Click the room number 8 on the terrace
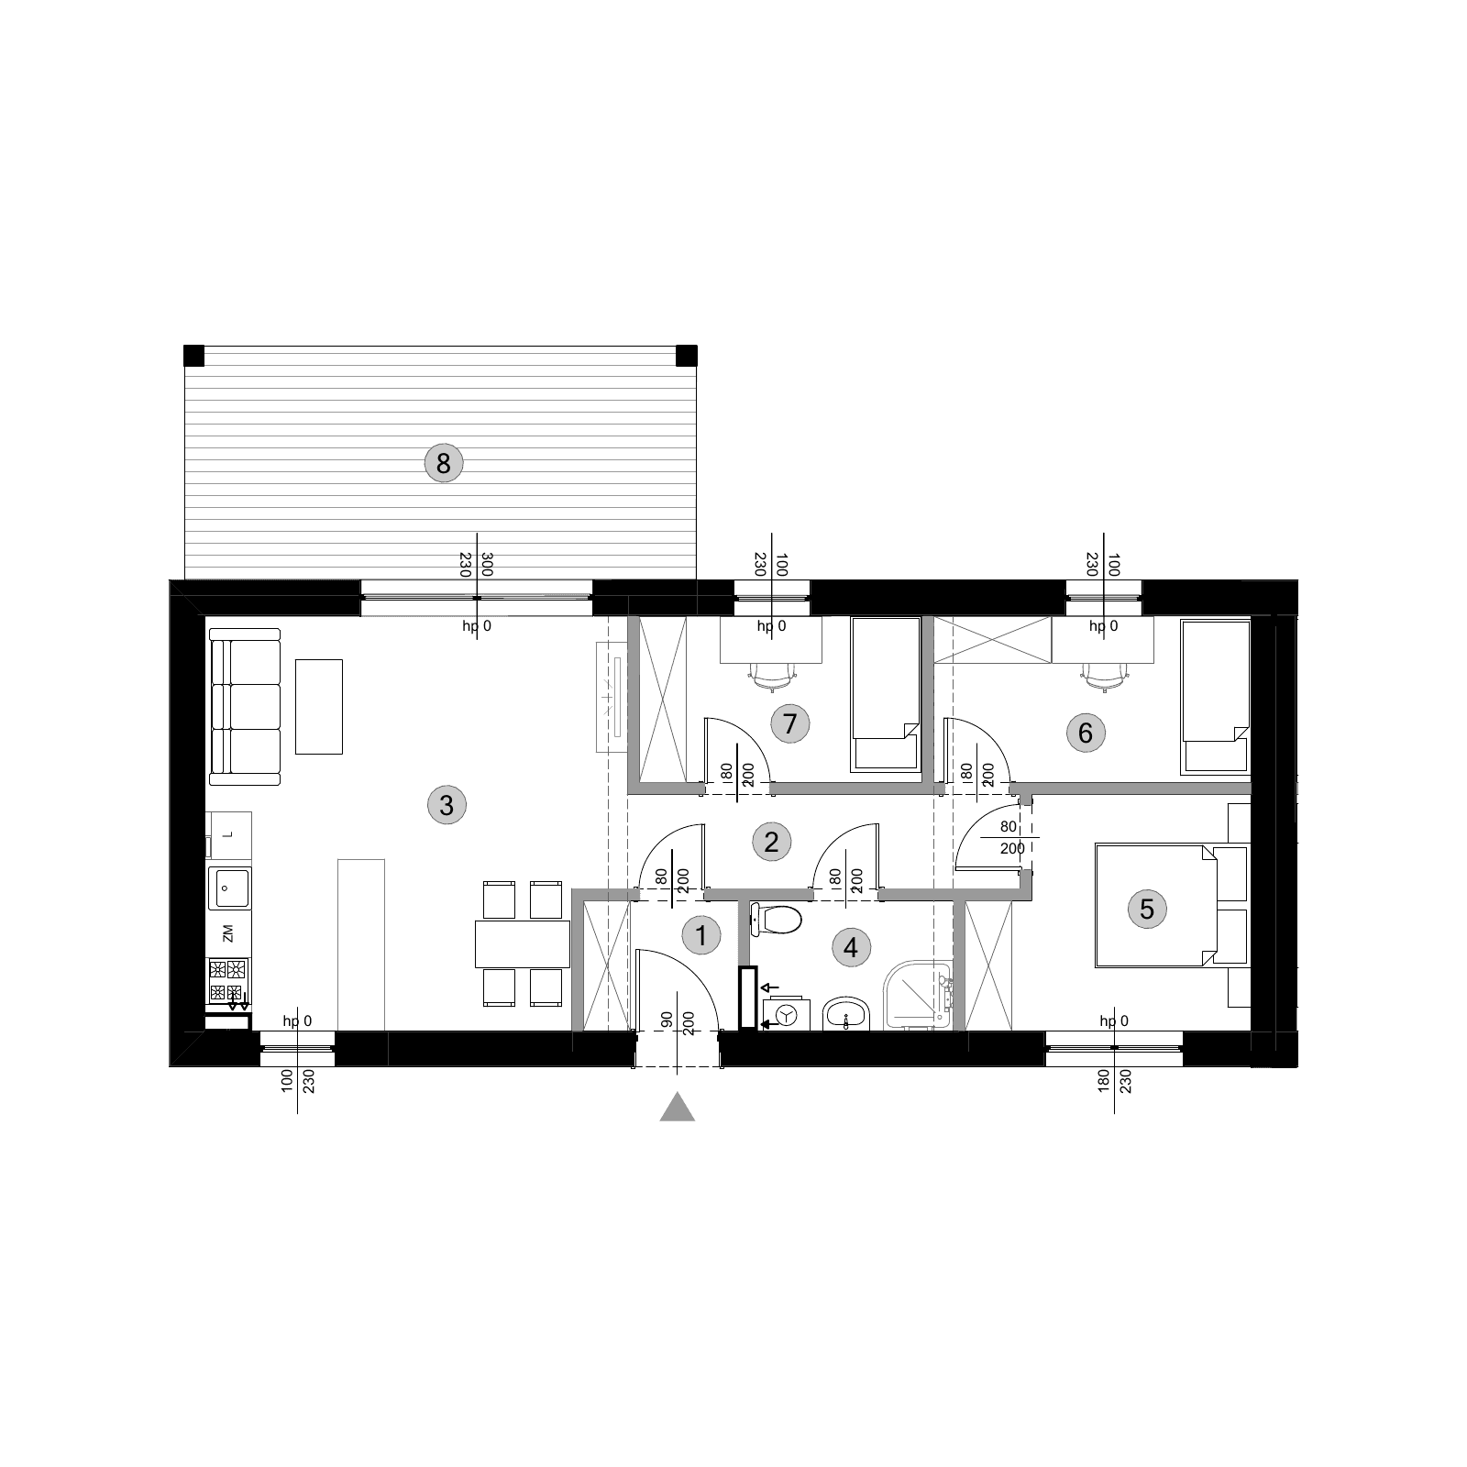[444, 463]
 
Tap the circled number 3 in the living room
[447, 805]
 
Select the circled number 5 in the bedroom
[1146, 909]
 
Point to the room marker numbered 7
[790, 723]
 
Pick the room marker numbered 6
[1086, 733]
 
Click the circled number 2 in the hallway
[771, 841]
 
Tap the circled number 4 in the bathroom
[851, 947]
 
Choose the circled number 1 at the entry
[702, 936]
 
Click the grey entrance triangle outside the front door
[677, 1108]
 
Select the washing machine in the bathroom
[785, 1013]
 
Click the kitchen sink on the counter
[228, 888]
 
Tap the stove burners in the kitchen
[228, 980]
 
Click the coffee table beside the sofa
[319, 707]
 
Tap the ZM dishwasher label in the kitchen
[228, 933]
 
